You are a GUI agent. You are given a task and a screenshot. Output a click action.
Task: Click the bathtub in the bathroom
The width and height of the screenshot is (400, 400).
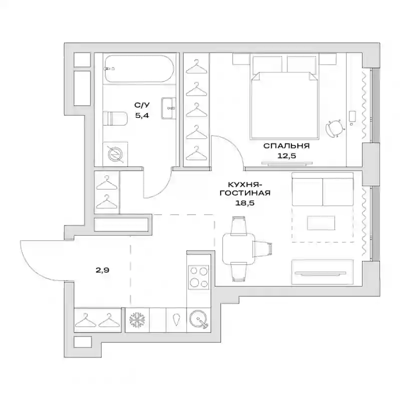point(139,68)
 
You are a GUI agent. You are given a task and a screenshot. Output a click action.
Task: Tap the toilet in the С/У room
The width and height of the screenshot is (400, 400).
point(115,118)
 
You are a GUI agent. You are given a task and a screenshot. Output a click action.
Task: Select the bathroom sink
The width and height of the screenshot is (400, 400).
point(168,108)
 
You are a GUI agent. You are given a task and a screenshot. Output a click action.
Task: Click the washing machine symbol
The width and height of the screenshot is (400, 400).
point(115,154)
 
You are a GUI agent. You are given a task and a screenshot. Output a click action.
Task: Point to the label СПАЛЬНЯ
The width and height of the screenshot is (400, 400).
point(286,146)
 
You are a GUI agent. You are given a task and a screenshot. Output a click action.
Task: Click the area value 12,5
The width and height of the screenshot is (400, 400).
point(286,155)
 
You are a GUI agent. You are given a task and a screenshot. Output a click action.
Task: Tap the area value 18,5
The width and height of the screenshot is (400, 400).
point(245,203)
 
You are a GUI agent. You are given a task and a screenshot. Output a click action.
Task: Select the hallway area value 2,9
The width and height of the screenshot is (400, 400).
point(102,270)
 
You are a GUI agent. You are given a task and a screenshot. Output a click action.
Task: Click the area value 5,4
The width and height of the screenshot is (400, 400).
point(142,115)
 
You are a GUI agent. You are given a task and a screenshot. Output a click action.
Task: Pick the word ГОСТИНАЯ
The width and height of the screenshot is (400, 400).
point(245,193)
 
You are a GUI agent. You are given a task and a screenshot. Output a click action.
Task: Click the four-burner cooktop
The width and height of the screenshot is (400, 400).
point(198,277)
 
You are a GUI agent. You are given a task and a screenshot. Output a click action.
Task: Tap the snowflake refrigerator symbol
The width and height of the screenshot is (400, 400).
point(137,320)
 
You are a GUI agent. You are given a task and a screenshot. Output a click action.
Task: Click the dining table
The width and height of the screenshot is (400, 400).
point(238,248)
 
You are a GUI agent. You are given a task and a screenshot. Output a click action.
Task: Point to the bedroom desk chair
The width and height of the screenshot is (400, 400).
point(334,128)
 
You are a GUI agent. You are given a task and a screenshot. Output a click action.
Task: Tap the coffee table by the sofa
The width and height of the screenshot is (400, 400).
point(321,223)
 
